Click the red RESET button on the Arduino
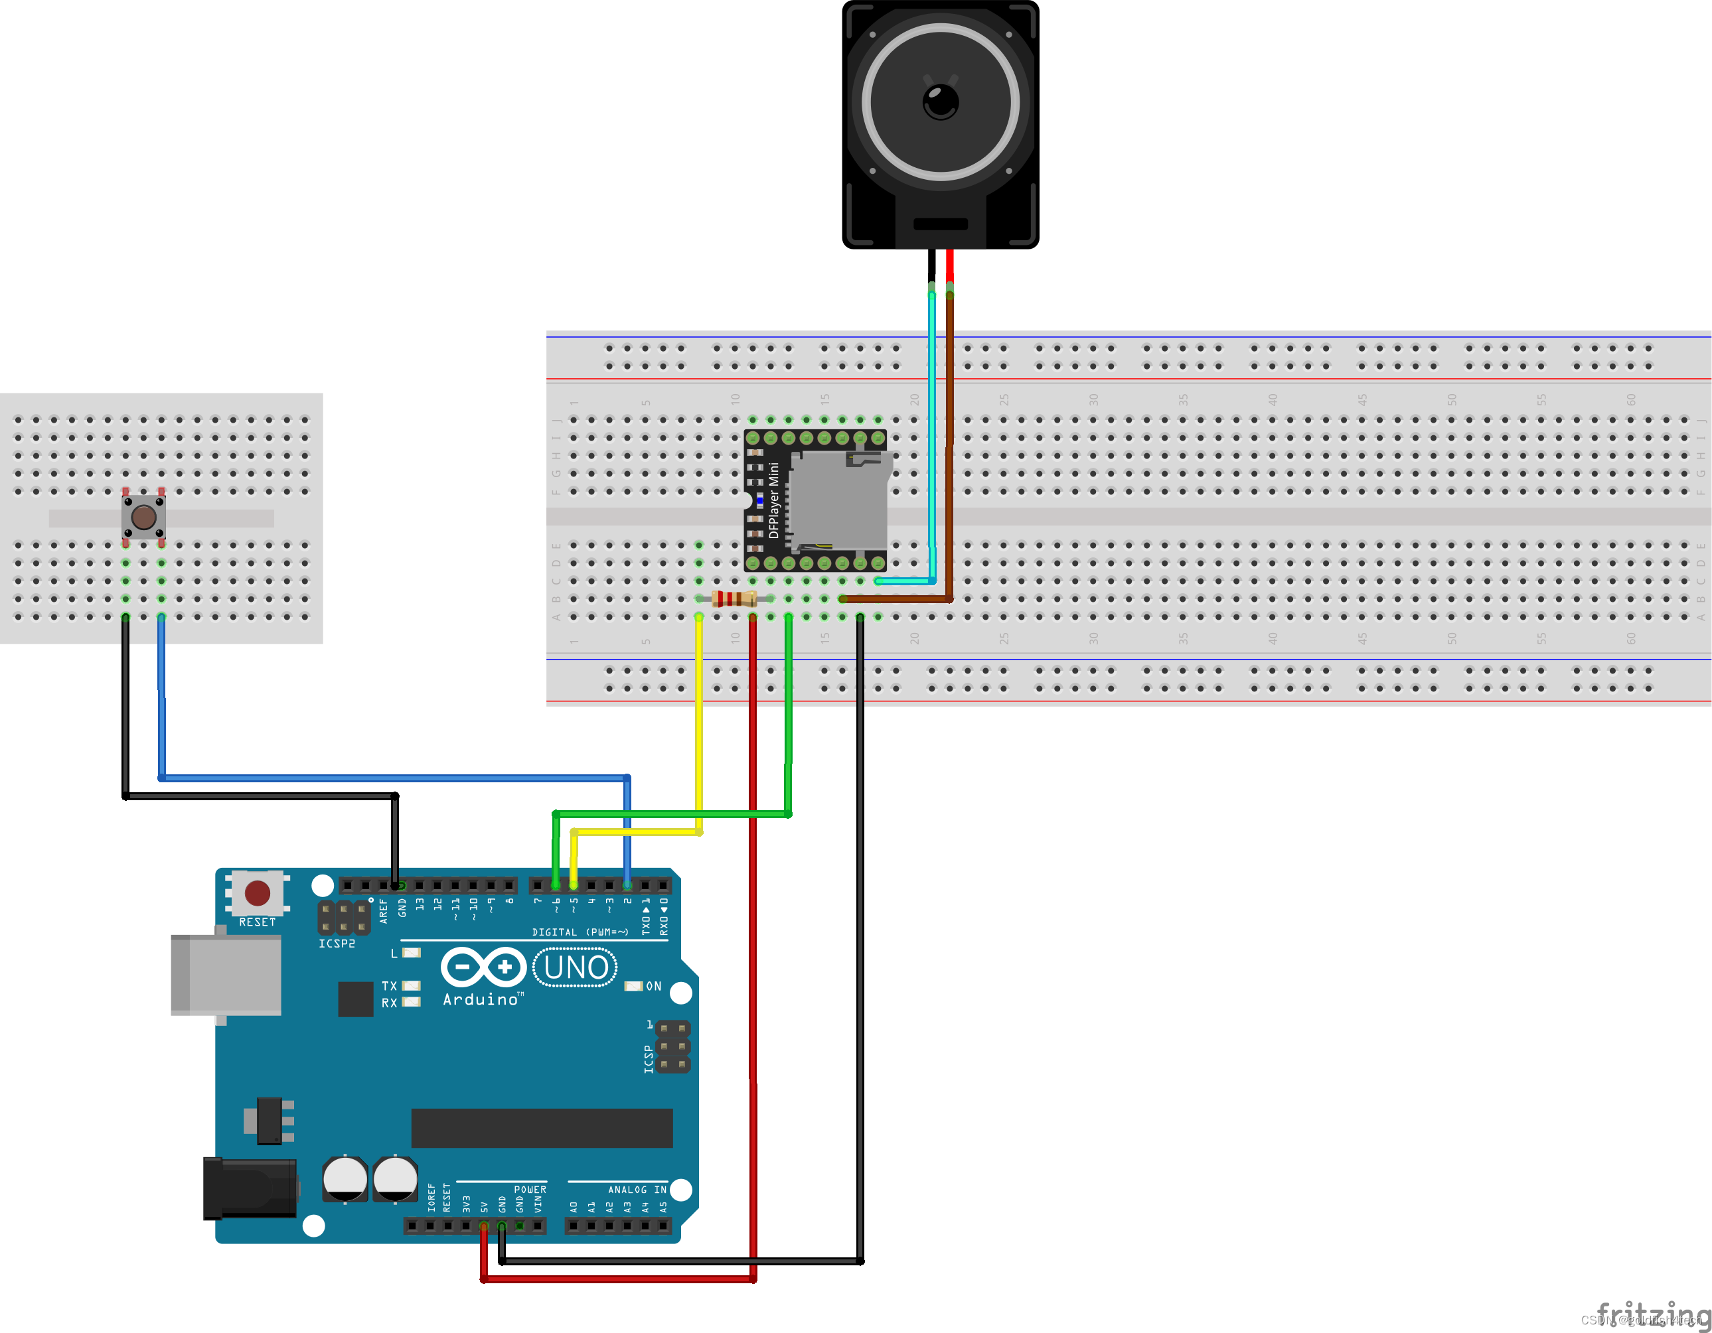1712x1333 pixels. (257, 892)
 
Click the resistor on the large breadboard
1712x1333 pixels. (734, 600)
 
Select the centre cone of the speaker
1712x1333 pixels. (940, 102)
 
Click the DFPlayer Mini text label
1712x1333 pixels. (774, 500)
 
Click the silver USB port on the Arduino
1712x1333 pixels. (226, 975)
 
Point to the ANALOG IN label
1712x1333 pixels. (637, 1190)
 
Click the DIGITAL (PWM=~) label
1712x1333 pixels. (580, 932)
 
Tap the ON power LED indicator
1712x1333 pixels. (633, 986)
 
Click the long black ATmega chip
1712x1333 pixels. (542, 1128)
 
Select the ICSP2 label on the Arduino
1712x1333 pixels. (337, 944)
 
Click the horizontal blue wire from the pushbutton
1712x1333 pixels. (392, 778)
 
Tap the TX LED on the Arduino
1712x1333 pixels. (411, 986)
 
